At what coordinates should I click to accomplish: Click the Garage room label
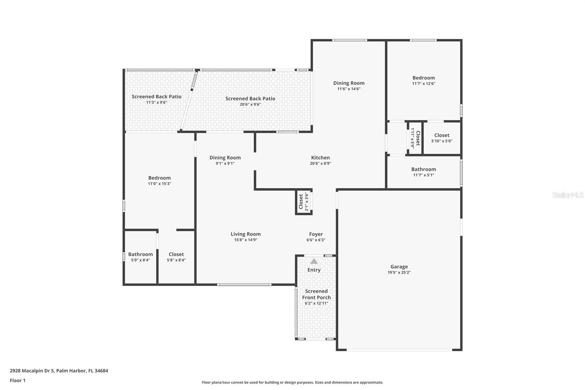pos(399,267)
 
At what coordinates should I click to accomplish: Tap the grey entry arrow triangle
pos(314,261)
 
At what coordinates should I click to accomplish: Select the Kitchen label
pos(320,158)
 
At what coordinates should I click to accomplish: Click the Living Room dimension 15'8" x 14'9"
pos(246,240)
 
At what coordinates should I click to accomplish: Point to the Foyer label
pos(316,234)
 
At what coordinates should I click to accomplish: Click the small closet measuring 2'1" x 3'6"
pos(304,202)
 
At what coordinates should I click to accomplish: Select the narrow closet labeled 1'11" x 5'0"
pos(415,138)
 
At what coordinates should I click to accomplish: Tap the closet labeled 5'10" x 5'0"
pos(442,138)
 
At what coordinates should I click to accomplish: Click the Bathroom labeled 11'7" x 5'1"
pos(423,172)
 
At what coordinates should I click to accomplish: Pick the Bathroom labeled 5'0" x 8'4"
pos(140,257)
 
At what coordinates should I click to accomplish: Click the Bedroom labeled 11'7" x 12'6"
pos(423,80)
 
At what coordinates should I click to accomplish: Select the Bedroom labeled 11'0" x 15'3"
pos(159,180)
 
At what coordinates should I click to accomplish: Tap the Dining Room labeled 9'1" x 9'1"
pos(225,160)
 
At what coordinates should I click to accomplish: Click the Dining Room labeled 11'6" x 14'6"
pos(349,86)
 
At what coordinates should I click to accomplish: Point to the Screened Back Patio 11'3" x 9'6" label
pos(156,99)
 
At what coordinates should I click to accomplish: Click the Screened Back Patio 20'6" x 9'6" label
pos(250,101)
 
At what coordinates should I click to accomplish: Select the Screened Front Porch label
pos(316,295)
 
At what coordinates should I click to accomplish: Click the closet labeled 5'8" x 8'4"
pos(176,257)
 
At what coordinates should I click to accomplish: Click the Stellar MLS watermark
pos(567,195)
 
